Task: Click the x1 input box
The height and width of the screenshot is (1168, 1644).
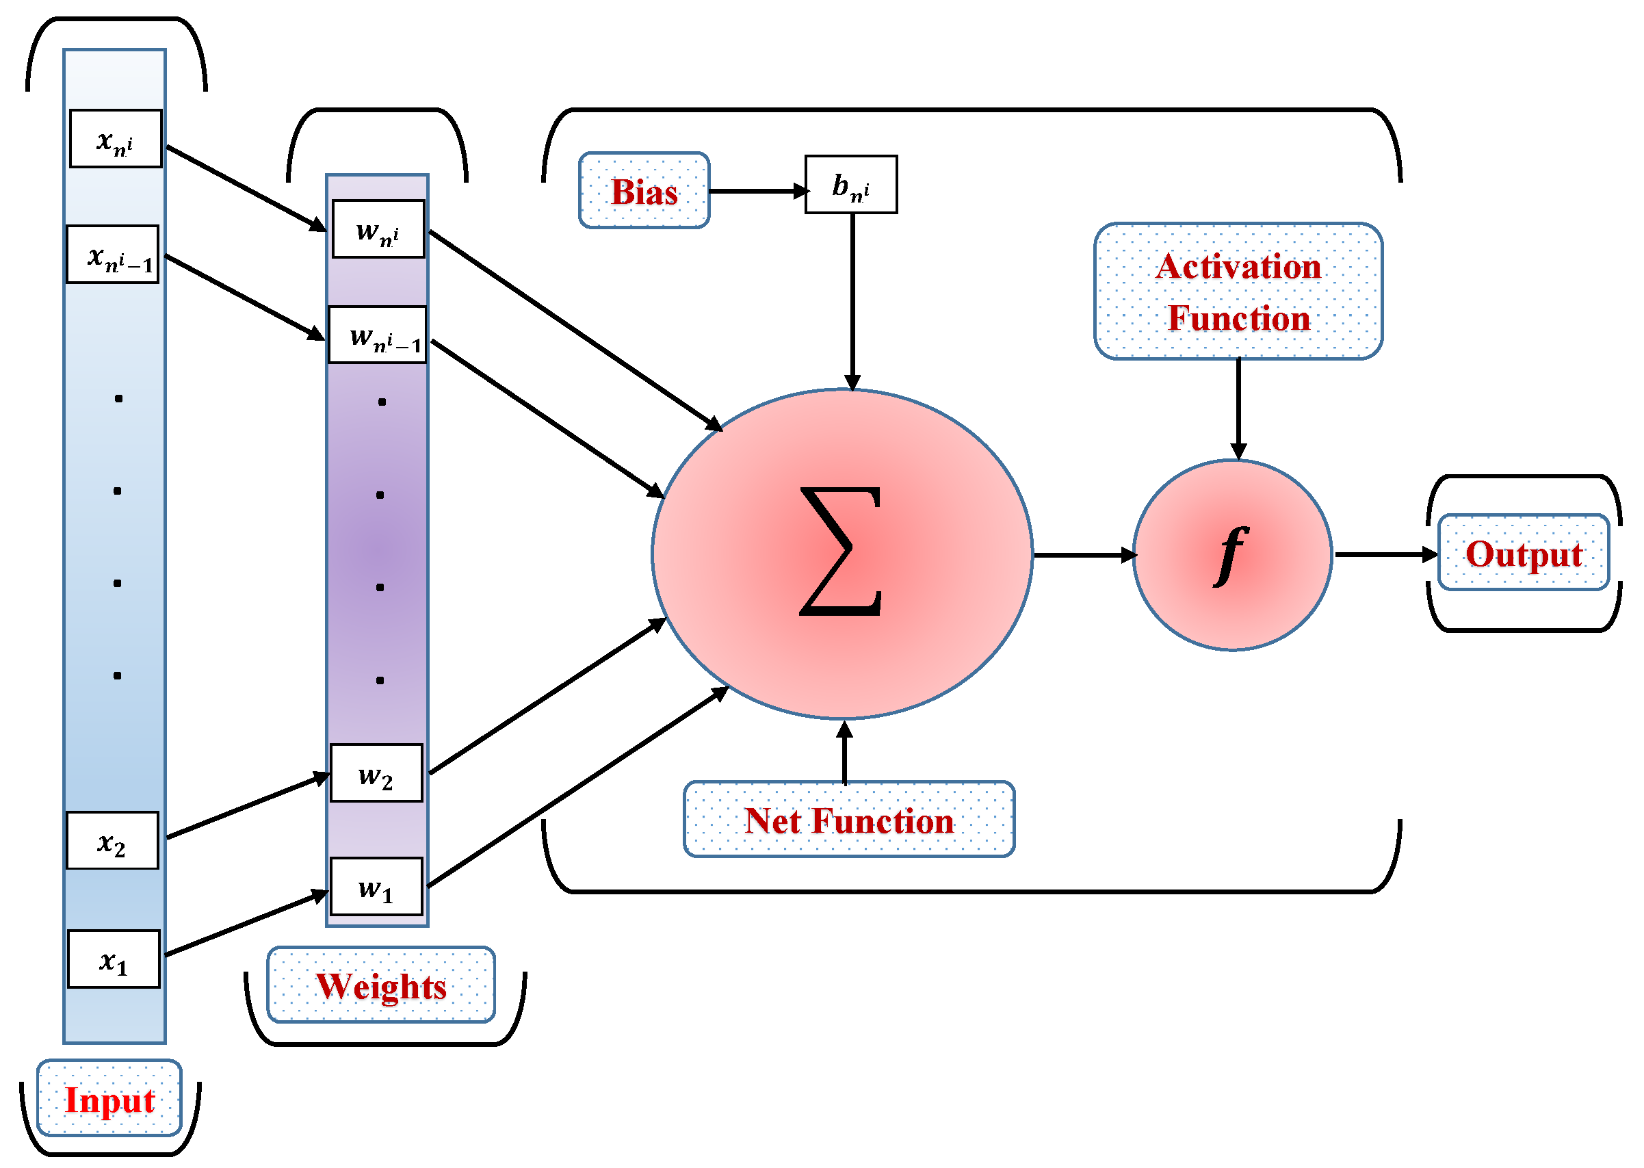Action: (114, 959)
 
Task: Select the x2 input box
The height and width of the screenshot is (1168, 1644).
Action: (112, 840)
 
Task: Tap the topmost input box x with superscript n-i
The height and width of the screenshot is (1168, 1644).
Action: (115, 138)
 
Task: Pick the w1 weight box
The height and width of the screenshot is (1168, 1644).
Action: (376, 886)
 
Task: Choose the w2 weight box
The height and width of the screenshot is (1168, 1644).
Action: (376, 773)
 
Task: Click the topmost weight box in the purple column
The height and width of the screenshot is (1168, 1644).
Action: (378, 229)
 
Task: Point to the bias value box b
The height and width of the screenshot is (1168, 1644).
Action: (851, 184)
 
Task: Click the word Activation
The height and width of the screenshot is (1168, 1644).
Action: (1238, 266)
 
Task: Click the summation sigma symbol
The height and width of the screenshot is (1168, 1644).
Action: (840, 552)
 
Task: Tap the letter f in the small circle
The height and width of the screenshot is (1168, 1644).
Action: (1231, 554)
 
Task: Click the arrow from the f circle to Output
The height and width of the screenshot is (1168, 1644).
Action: (1385, 554)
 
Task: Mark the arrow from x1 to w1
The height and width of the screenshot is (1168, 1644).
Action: (244, 924)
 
